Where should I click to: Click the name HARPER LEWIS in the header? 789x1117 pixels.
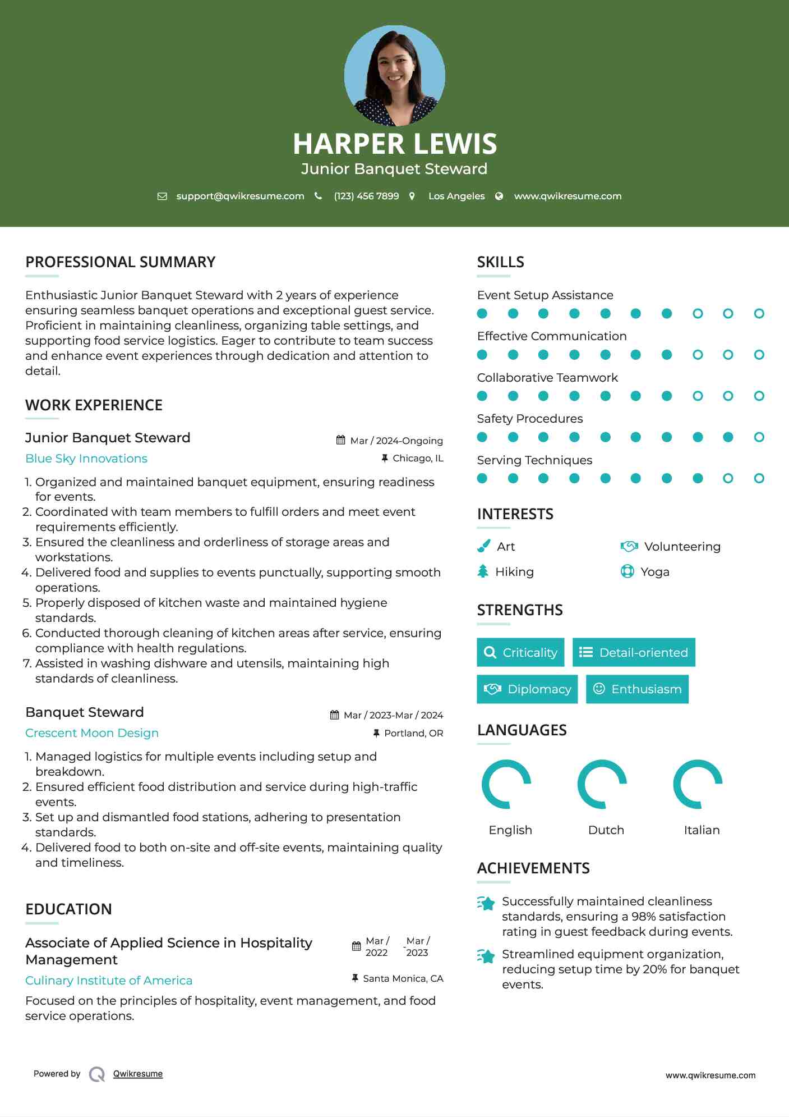pos(395,144)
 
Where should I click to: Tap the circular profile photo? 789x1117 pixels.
pos(395,76)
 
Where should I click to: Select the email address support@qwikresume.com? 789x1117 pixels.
pos(240,196)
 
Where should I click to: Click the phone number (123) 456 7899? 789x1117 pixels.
pos(366,196)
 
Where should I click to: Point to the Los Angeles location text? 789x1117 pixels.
pos(456,196)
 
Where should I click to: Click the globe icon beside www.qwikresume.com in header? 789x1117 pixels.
pos(499,196)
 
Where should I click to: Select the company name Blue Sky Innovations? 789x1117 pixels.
pos(86,459)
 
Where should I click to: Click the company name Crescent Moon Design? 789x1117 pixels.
pos(92,733)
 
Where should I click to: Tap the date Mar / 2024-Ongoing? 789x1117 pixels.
pos(396,441)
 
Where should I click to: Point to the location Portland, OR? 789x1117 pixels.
pos(413,733)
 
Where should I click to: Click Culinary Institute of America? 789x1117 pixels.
pos(109,981)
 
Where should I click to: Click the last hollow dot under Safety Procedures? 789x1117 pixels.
pos(759,437)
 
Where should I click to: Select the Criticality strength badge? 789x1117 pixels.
pos(520,652)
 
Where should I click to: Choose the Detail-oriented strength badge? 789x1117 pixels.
pos(634,652)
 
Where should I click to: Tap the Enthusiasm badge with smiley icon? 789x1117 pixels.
pos(637,689)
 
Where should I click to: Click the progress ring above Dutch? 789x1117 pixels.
pos(602,784)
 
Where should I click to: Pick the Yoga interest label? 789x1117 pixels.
pos(655,572)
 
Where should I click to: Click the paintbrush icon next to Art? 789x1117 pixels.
pos(483,546)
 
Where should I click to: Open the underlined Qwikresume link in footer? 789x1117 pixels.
pos(138,1074)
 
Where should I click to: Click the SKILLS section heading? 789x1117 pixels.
pos(500,262)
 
